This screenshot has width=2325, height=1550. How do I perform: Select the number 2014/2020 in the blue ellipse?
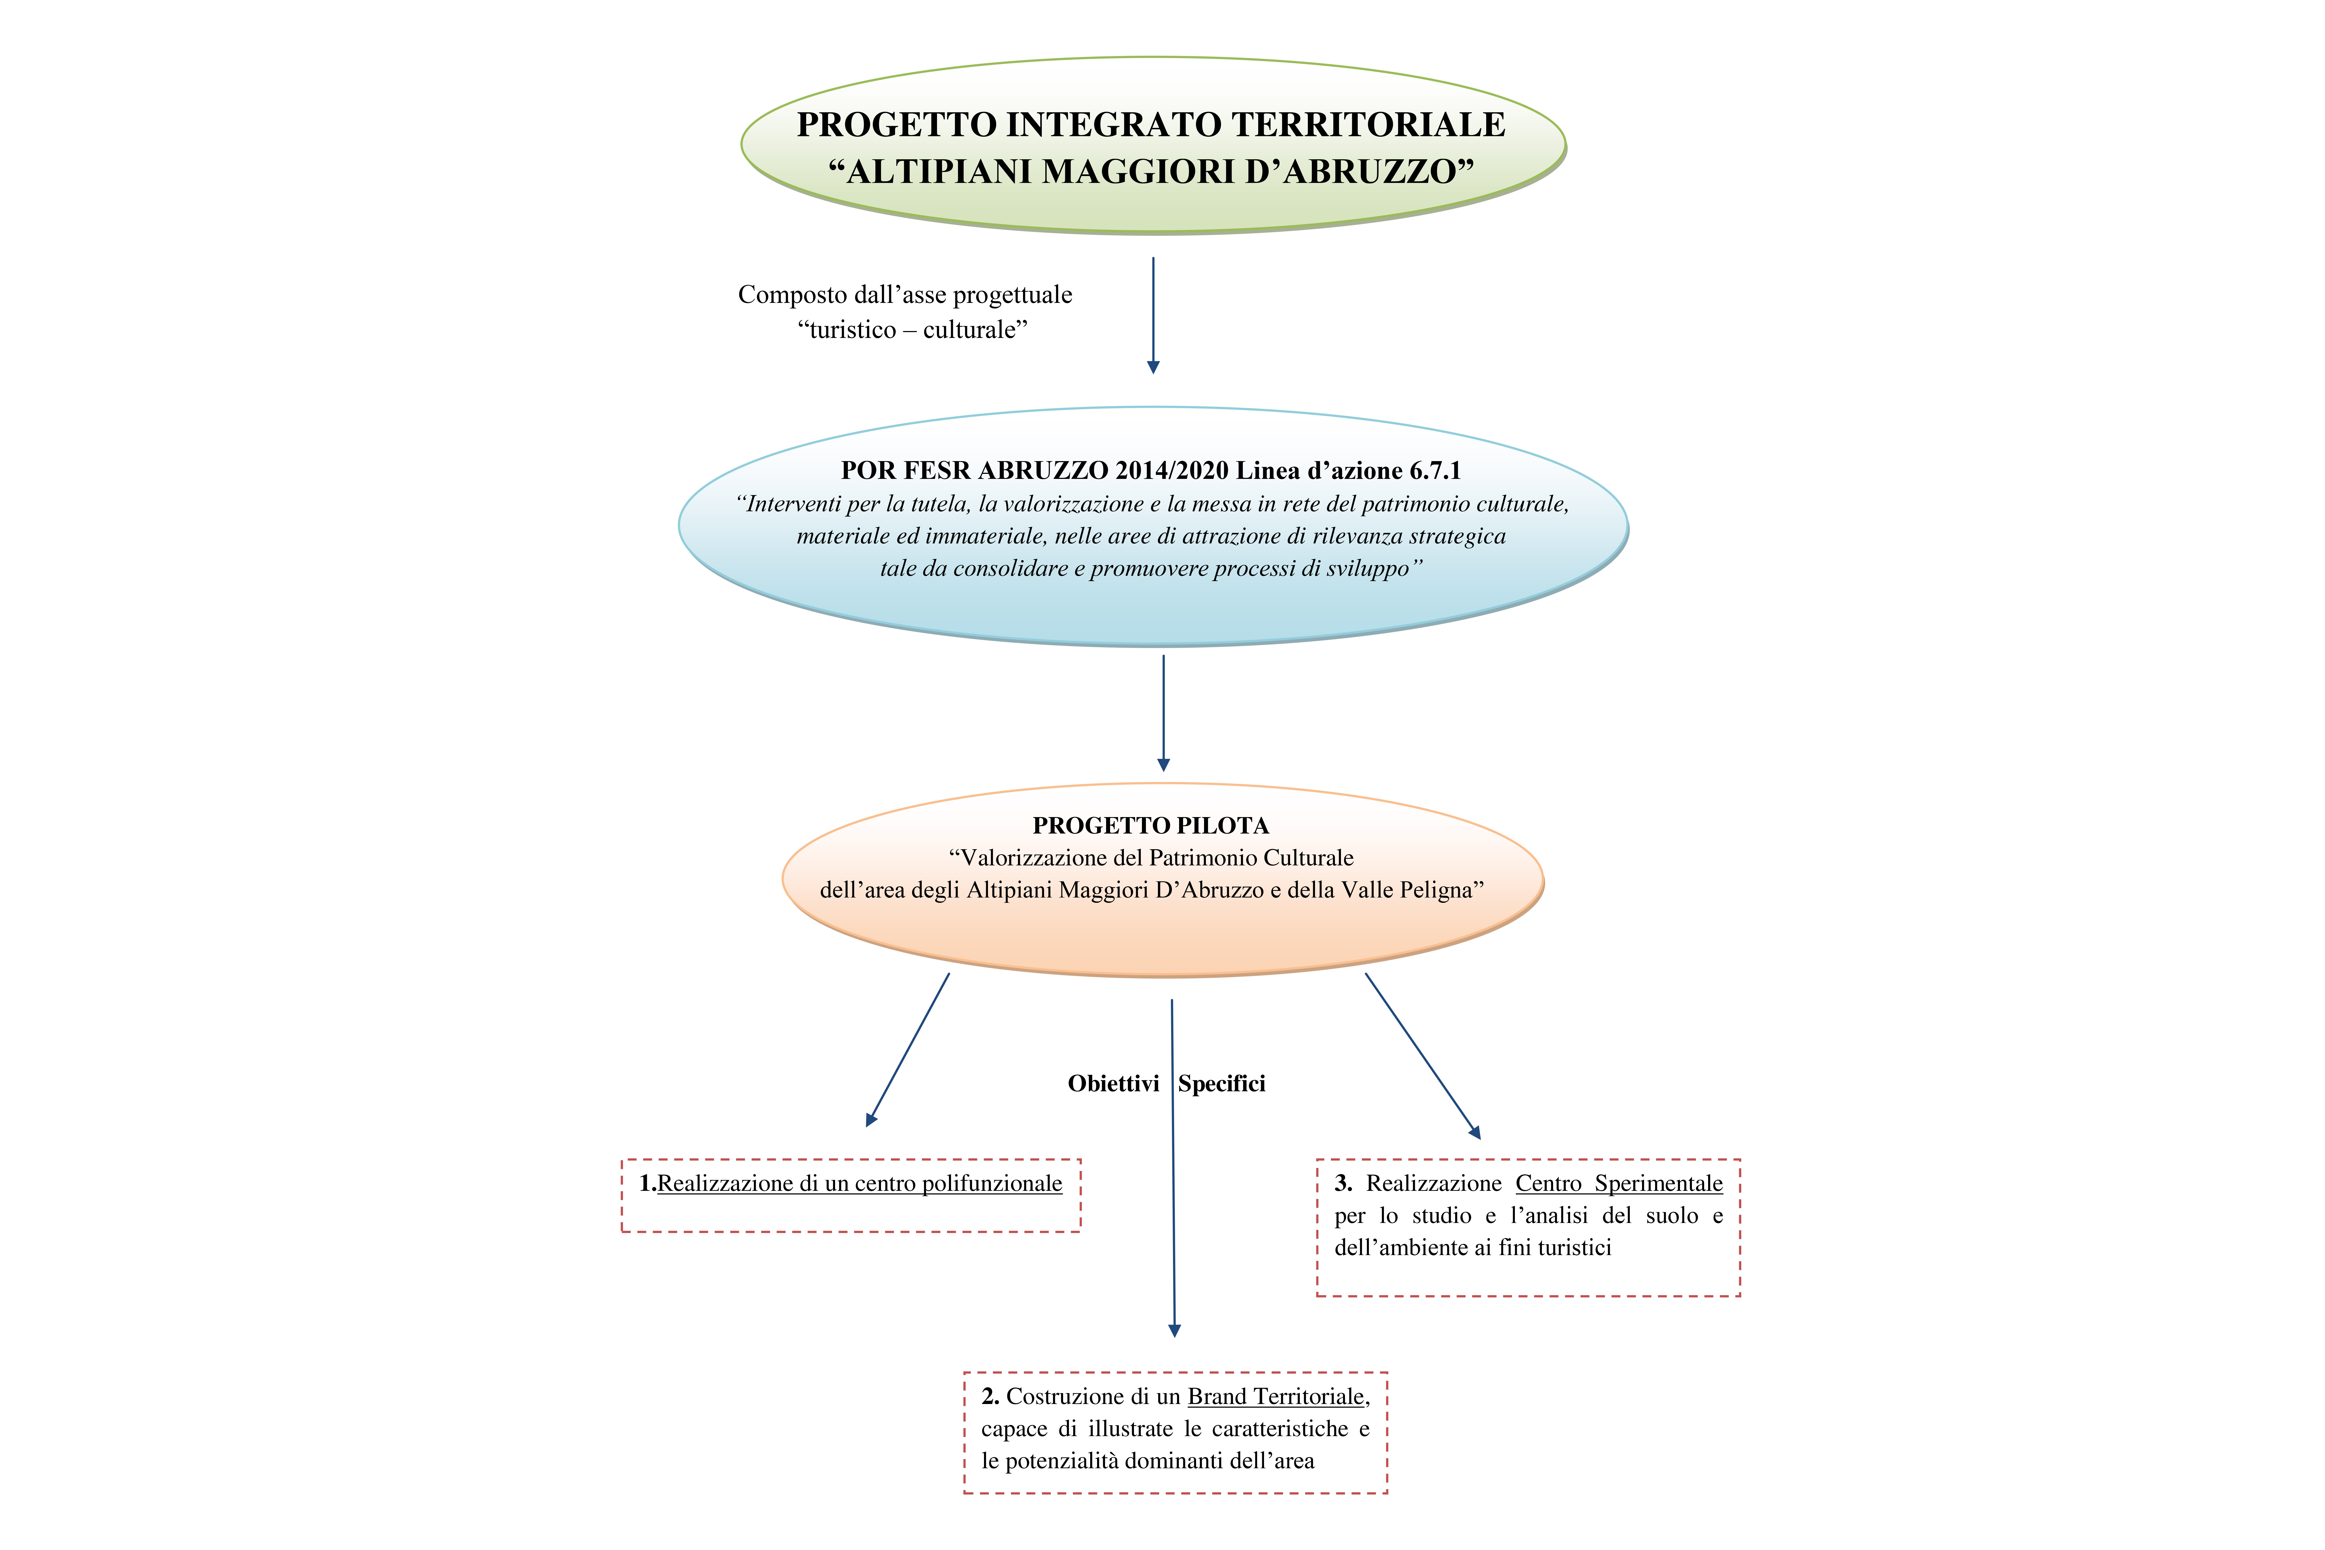point(1172,471)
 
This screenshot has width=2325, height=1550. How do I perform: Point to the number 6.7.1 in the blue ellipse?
point(1434,471)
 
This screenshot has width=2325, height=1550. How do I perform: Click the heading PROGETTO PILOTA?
point(1151,825)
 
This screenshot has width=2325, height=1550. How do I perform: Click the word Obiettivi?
point(1113,1083)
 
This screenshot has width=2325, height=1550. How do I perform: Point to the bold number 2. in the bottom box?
point(991,1397)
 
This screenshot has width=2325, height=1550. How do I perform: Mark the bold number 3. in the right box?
point(1343,1183)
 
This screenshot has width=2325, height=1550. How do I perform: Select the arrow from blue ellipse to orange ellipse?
point(1163,713)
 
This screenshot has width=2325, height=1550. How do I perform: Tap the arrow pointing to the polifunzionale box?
point(908,1050)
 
